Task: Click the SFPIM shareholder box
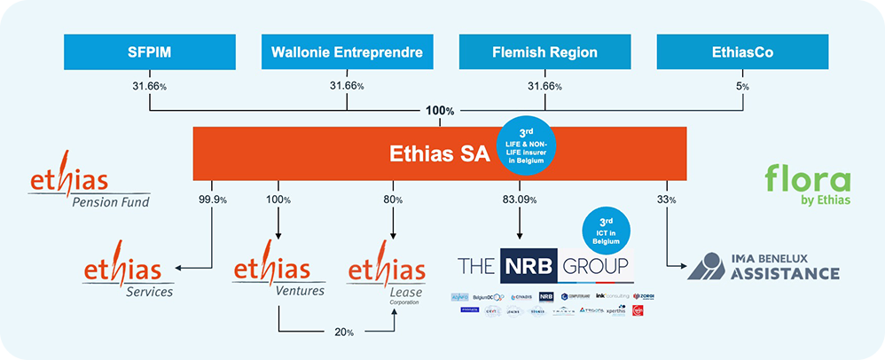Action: click(x=149, y=52)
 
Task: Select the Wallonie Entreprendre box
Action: click(x=348, y=52)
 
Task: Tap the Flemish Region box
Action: click(x=544, y=52)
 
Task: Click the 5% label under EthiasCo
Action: click(x=743, y=86)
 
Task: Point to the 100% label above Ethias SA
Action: click(x=440, y=111)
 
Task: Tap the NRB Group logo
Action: click(x=544, y=266)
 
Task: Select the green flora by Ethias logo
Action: click(x=806, y=185)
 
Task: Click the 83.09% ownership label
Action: click(x=517, y=200)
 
